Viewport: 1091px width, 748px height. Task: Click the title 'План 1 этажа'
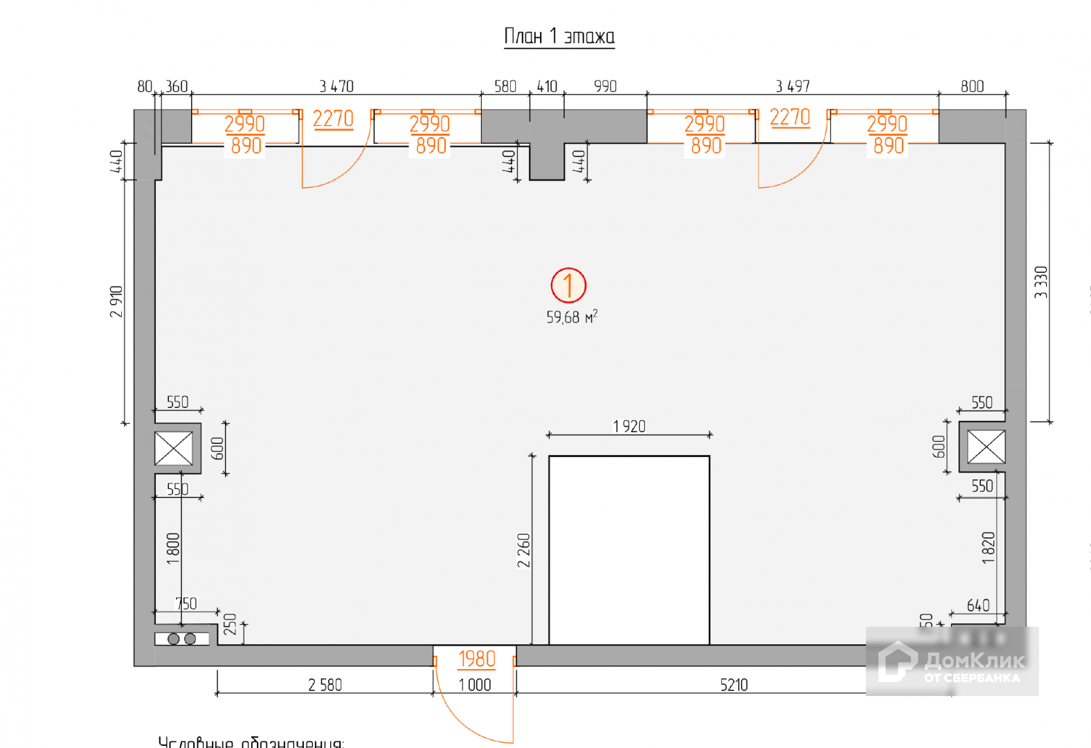pos(559,36)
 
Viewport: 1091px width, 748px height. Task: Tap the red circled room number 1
pos(568,285)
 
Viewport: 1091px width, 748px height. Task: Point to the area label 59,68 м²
pos(571,317)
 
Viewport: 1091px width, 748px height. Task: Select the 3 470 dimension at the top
pos(336,87)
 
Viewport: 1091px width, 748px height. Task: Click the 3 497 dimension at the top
pos(792,87)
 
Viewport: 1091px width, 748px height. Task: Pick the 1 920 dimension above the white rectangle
pos(629,427)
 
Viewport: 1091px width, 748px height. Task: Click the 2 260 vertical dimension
pos(523,550)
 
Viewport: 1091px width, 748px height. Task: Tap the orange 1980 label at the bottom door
pos(477,659)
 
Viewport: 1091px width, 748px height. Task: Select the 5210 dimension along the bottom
pos(734,685)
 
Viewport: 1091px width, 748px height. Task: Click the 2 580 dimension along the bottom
pos(325,685)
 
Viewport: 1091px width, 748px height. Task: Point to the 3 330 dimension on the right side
pos(1041,282)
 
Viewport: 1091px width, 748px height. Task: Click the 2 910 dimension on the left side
pos(116,301)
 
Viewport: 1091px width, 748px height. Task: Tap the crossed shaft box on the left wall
pos(174,448)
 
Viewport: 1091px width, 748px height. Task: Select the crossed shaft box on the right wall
pos(986,447)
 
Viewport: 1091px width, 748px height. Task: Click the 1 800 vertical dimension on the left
pos(173,549)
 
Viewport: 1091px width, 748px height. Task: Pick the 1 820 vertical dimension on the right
pos(988,548)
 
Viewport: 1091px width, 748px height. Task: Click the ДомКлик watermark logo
pos(952,661)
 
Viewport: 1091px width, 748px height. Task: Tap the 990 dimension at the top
pos(605,87)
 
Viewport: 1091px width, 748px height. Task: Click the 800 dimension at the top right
pos(972,87)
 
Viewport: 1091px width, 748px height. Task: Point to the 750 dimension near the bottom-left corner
pos(186,604)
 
